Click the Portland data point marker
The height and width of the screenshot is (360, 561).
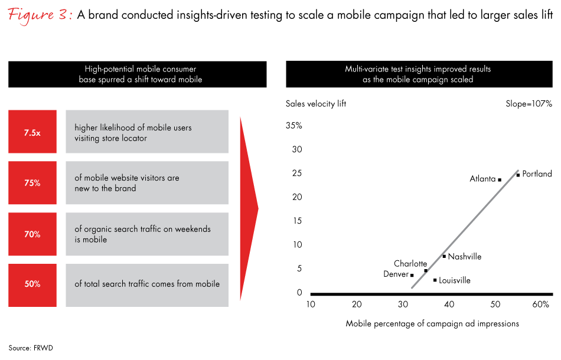518,175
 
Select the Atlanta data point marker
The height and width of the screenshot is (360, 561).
500,179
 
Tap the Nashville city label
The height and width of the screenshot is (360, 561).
465,257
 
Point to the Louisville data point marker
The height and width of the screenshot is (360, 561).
435,280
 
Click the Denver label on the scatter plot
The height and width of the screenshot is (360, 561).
396,274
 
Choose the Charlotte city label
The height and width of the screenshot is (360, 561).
410,264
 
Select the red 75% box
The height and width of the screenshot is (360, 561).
32,183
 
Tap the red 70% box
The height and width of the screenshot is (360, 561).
32,234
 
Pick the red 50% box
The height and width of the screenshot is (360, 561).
32,284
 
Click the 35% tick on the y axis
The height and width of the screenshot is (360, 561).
293,126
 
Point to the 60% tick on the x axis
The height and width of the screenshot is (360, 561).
541,305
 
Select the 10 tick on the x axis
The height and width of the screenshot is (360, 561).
311,305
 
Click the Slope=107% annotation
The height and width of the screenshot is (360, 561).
528,104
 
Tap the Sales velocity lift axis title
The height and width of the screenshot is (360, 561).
316,104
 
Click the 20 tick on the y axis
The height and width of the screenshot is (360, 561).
296,197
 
